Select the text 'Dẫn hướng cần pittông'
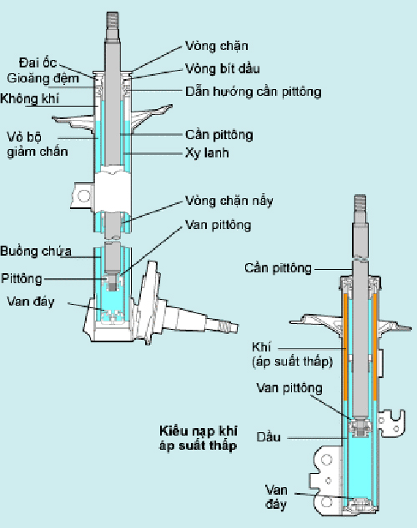click(x=252, y=91)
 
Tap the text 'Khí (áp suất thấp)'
click(x=280, y=355)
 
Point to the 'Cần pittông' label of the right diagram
click(x=278, y=267)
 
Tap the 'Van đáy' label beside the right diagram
click(x=276, y=496)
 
